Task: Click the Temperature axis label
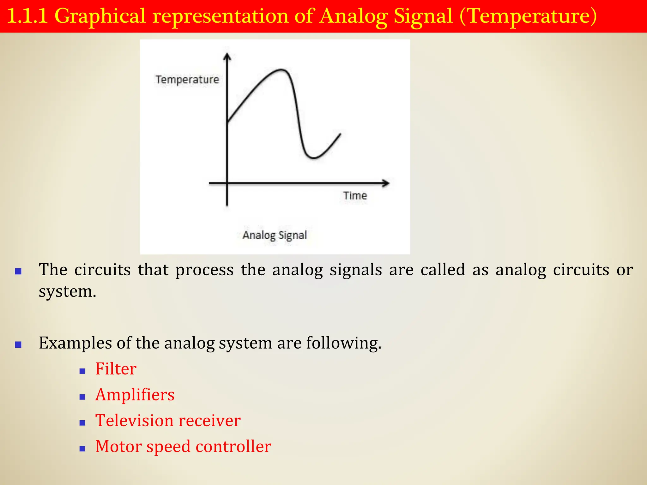tap(187, 80)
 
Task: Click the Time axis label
tap(355, 196)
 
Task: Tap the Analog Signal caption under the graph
tap(275, 235)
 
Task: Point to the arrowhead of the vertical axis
tap(227, 57)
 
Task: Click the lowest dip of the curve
tap(313, 158)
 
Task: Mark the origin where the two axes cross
tap(227, 183)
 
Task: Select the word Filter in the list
tap(116, 369)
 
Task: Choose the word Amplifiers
tap(135, 395)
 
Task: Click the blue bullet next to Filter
tap(82, 371)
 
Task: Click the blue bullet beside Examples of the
tap(18, 344)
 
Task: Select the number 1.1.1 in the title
tap(27, 16)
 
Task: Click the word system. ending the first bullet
tap(67, 291)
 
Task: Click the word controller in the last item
tap(233, 446)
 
